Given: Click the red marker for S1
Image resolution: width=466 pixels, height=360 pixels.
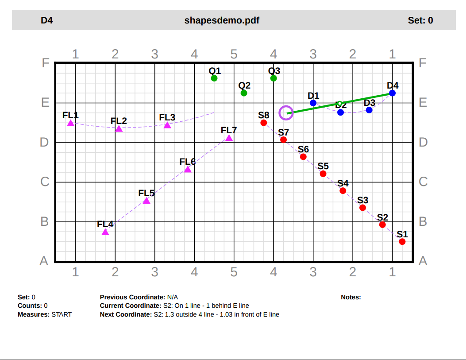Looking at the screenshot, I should (402, 242).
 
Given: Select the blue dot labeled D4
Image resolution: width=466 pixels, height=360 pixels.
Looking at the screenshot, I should (392, 93).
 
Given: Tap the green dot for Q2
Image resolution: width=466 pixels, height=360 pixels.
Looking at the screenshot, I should (244, 93).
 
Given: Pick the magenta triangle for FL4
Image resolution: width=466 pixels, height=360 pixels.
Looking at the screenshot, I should (105, 232).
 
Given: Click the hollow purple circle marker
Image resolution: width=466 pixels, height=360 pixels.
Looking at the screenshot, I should (286, 113).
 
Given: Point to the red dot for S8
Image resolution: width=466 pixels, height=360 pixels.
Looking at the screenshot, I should (264, 123).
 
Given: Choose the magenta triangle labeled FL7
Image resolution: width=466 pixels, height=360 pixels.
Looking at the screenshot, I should (229, 138).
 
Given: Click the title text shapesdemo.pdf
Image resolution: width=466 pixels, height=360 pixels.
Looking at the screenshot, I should (222, 20).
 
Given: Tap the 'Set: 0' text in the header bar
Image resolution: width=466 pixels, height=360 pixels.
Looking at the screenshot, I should (420, 20).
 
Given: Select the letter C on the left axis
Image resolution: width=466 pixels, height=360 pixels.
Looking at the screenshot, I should (44, 182).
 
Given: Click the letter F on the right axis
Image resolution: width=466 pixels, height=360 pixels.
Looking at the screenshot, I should (423, 63).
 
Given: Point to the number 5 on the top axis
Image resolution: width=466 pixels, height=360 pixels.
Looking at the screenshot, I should (234, 54).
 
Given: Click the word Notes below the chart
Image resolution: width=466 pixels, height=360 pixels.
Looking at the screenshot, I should (350, 297).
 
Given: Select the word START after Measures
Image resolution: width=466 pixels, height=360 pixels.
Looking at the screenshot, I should (62, 314).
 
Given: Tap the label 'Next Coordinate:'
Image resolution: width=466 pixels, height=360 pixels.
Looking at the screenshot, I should (126, 314).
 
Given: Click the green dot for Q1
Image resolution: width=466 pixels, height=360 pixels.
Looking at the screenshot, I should (214, 78).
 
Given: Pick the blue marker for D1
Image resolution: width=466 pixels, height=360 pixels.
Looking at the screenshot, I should (313, 103).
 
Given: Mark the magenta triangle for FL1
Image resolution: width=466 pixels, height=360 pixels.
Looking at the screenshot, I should (71, 124).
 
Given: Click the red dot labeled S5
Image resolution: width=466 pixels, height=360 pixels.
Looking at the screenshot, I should (323, 174).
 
